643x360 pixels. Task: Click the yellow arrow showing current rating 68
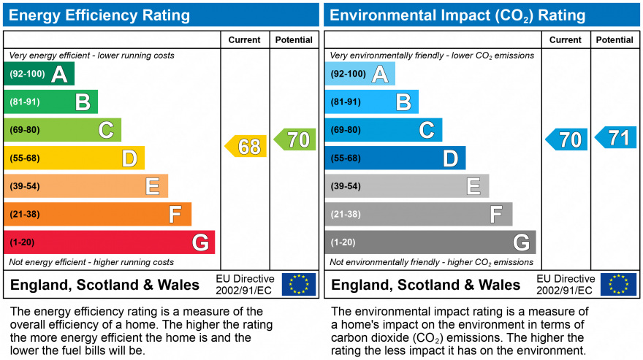246,146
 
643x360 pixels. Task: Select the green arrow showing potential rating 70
295,139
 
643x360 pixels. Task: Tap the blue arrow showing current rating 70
567,139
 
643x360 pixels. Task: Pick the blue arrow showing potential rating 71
616,137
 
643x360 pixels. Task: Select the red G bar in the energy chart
109,242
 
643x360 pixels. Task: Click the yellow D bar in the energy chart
74,158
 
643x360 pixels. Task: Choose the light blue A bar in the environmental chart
359,74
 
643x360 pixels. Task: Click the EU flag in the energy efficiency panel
299,284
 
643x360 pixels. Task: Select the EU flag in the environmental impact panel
618,284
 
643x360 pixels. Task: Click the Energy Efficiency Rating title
99,15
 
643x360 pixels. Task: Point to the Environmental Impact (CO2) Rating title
458,15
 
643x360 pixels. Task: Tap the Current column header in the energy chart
246,40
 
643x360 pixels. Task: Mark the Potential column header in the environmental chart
615,40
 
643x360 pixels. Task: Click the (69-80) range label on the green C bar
25,130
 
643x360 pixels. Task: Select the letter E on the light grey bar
473,186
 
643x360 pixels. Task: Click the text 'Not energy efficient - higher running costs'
91,262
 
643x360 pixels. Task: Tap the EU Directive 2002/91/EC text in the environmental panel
566,285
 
